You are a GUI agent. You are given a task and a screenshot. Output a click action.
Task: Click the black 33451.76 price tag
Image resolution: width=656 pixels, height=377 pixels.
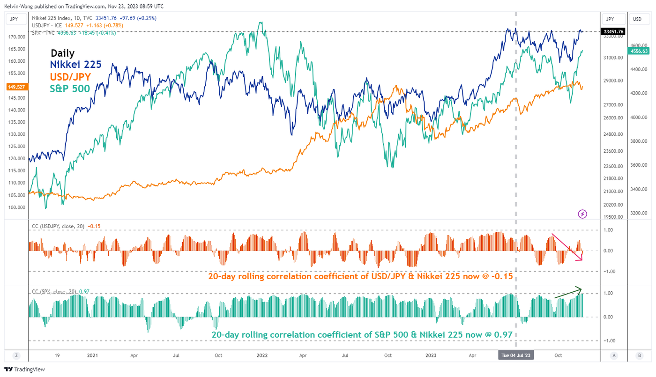point(613,32)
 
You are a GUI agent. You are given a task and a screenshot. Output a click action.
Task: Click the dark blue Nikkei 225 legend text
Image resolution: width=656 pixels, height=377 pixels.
point(76,65)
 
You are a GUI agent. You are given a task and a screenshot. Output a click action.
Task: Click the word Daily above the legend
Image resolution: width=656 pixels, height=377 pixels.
point(62,53)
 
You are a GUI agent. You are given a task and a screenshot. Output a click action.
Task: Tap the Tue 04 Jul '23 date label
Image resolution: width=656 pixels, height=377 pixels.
point(516,355)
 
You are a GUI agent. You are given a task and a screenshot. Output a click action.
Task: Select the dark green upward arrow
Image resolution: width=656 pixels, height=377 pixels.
point(568,292)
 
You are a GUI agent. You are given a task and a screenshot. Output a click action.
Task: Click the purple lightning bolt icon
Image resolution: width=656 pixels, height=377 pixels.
point(582,214)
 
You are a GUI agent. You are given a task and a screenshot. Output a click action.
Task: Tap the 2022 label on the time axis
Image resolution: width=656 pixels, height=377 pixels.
point(261,355)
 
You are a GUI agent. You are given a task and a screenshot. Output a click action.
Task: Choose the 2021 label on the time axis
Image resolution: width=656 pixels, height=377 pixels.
point(92,355)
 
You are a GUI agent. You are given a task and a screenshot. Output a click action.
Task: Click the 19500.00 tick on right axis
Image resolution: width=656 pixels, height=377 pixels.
point(613,217)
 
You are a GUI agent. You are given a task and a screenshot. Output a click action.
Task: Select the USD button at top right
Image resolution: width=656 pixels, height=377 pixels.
point(637,19)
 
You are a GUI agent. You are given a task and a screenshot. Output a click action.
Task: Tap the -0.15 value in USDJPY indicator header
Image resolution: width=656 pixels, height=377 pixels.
point(95,226)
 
